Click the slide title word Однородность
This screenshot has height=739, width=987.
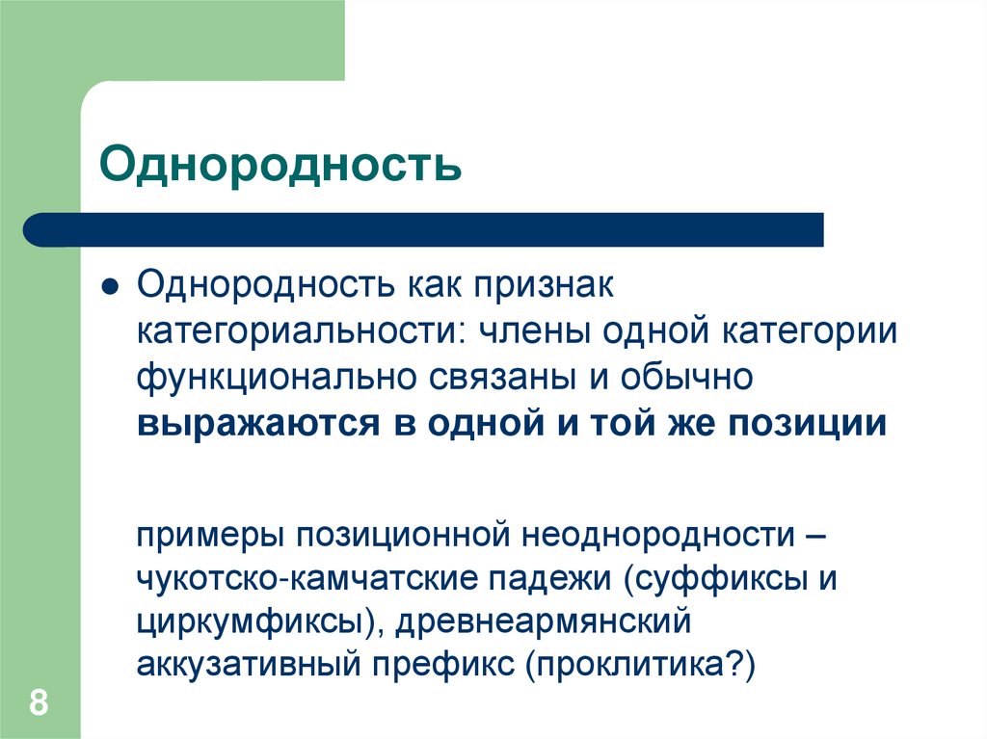pos(280,163)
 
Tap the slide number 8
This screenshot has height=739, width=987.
pos(39,701)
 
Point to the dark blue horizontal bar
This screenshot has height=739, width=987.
pos(424,230)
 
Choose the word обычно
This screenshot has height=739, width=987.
pos(690,379)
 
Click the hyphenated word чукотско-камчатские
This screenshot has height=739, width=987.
pos(305,578)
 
